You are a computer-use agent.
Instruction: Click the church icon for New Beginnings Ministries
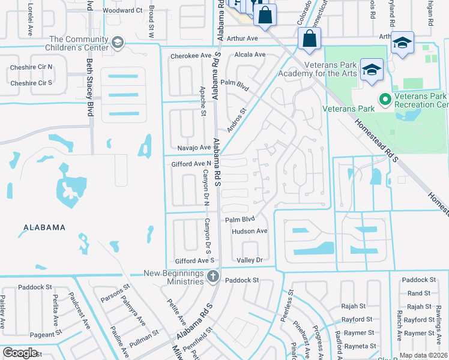coord(212,277)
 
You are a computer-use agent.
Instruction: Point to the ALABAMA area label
coord(44,227)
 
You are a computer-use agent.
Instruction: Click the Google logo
coord(20,353)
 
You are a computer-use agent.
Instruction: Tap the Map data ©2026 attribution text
coord(423,355)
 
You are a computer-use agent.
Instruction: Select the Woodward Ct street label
coord(122,10)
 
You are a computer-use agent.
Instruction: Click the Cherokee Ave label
coord(191,55)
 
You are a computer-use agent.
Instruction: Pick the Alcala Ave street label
coord(250,55)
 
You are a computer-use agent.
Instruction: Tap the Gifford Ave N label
coord(192,163)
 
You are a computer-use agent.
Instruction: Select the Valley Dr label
coord(250,260)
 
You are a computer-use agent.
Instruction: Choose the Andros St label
coord(237,120)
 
